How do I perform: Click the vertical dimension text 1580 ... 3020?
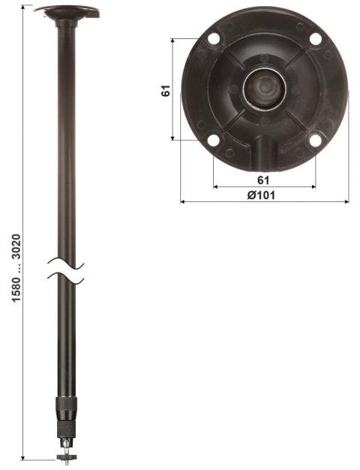pyautogui.click(x=16, y=270)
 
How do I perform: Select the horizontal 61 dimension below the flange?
pyautogui.click(x=262, y=179)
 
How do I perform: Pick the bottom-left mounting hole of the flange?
pyautogui.click(x=213, y=140)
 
